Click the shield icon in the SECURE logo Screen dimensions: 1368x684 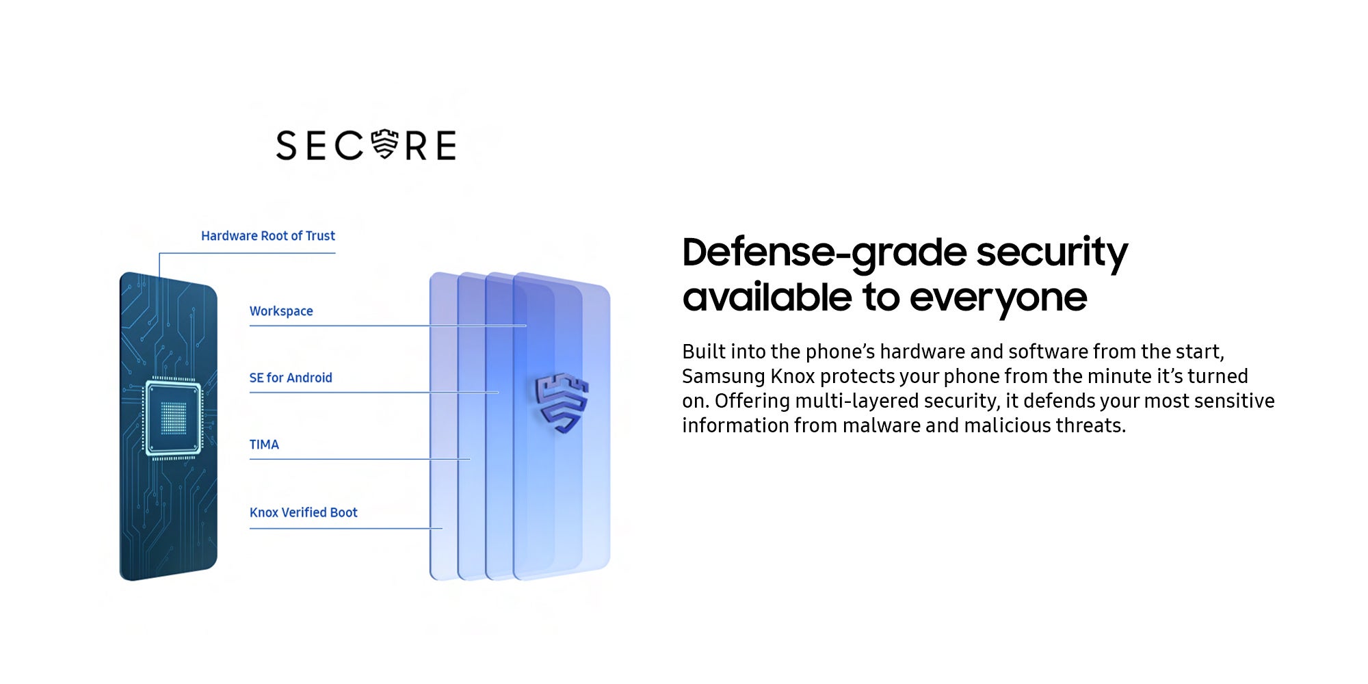pyautogui.click(x=384, y=144)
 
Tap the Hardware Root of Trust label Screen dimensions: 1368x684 pyautogui.click(x=268, y=236)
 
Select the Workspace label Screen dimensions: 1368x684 pyautogui.click(x=281, y=311)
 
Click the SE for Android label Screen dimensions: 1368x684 pyautogui.click(x=291, y=378)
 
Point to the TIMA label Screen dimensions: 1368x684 pyautogui.click(x=264, y=445)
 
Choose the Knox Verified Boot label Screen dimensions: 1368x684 pyautogui.click(x=304, y=512)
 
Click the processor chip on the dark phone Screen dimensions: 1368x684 pyautogui.click(x=173, y=417)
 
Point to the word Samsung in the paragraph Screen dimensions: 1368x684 pyautogui.click(x=723, y=377)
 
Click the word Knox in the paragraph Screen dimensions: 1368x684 pyautogui.click(x=793, y=376)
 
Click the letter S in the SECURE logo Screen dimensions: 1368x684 pyautogui.click(x=287, y=146)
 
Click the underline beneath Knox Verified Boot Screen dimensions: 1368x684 pyautogui.click(x=346, y=529)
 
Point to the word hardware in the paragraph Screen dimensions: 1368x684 pyautogui.click(x=922, y=352)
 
